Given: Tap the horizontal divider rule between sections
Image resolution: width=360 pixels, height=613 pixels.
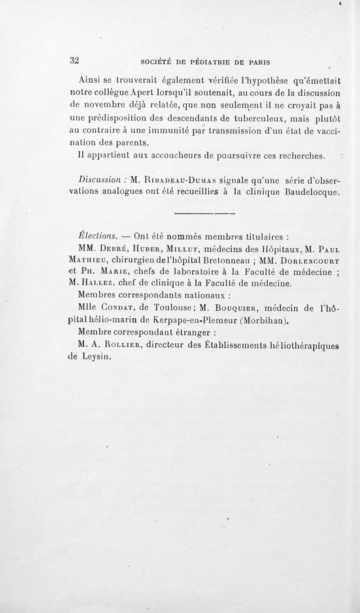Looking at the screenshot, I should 205,213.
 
